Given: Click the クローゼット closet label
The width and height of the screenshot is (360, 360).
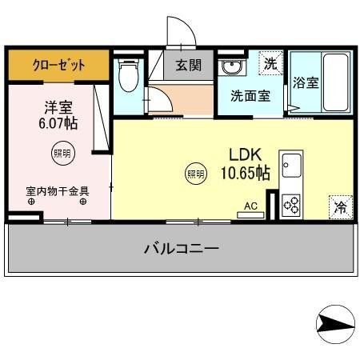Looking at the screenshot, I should click(x=58, y=65).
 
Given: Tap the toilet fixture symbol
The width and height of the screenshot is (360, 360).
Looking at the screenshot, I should click(x=127, y=76).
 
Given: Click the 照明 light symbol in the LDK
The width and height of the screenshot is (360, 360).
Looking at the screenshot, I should click(x=195, y=172).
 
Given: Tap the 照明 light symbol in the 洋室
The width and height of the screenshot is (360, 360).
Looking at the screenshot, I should click(x=61, y=153).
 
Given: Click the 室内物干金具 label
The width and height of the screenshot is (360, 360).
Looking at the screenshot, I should click(x=57, y=191).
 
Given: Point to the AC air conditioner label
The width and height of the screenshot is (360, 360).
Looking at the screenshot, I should click(x=250, y=206).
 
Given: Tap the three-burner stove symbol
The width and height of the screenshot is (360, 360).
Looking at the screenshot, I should click(x=291, y=205).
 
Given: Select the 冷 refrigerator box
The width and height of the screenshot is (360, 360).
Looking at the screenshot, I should click(x=340, y=206).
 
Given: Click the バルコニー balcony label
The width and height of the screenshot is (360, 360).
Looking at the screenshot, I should click(x=181, y=248).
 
